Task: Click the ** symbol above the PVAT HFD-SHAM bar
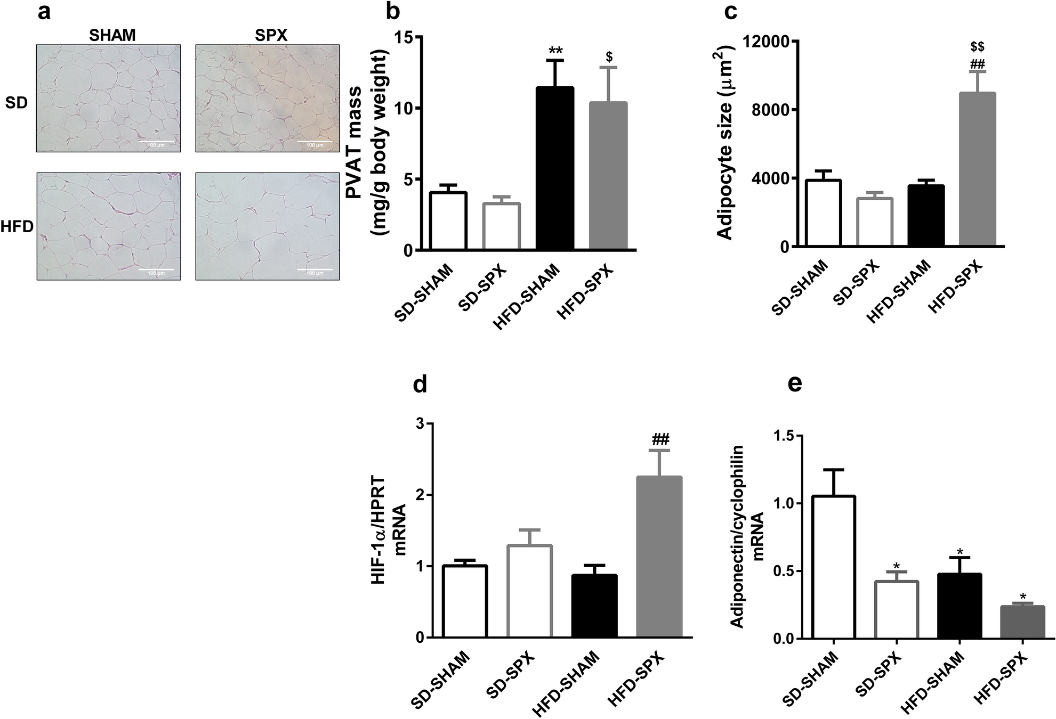click(555, 51)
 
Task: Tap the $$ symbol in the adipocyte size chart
click(977, 47)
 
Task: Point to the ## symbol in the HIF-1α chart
click(659, 439)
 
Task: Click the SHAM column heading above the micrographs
click(112, 35)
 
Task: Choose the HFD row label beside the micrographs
click(17, 227)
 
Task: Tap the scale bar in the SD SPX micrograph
click(315, 142)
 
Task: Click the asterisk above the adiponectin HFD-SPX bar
click(1022, 596)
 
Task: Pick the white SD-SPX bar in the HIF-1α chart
click(529, 591)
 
